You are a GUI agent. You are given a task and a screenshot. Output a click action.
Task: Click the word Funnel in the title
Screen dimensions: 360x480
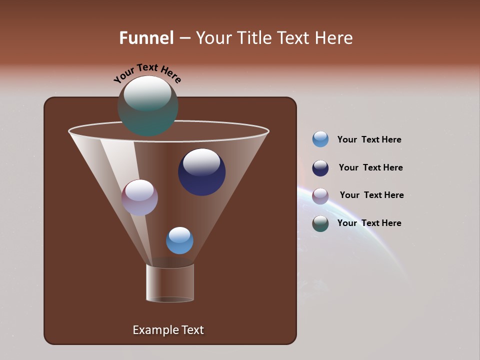click(146, 38)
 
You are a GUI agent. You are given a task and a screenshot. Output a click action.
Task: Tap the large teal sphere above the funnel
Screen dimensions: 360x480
click(148, 106)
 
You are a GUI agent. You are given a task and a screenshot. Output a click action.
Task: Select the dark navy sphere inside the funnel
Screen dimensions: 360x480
click(201, 172)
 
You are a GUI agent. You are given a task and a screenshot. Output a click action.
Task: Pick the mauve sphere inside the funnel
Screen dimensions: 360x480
click(139, 197)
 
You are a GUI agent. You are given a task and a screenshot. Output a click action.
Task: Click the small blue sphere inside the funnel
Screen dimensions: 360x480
click(179, 240)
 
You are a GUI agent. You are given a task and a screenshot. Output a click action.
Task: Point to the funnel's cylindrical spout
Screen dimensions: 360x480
click(170, 283)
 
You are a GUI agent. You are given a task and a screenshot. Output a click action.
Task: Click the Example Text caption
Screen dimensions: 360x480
click(168, 330)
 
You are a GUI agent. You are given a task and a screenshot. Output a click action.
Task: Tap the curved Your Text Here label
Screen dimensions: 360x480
click(147, 72)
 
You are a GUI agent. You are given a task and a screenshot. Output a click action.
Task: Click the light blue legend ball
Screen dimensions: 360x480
click(320, 139)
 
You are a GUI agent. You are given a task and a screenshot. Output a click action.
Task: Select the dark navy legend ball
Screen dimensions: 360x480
click(320, 168)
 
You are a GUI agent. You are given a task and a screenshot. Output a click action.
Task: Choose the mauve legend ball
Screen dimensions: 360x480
click(320, 196)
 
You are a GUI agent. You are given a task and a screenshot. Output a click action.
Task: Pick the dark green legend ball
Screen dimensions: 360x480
click(320, 223)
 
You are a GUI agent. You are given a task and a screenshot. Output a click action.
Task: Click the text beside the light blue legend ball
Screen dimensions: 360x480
click(369, 139)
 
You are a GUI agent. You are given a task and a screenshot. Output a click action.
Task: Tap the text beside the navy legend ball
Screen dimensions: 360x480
click(370, 167)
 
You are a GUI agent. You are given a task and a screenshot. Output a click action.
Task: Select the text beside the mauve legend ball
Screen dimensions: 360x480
click(371, 195)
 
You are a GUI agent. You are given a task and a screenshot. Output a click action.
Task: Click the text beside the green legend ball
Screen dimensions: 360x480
click(369, 223)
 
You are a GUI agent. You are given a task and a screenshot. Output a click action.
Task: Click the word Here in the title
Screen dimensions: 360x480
click(334, 38)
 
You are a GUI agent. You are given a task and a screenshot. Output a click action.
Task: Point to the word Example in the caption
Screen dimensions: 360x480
click(154, 330)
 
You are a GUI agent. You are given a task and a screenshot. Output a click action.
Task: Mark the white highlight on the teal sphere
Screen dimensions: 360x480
click(147, 93)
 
